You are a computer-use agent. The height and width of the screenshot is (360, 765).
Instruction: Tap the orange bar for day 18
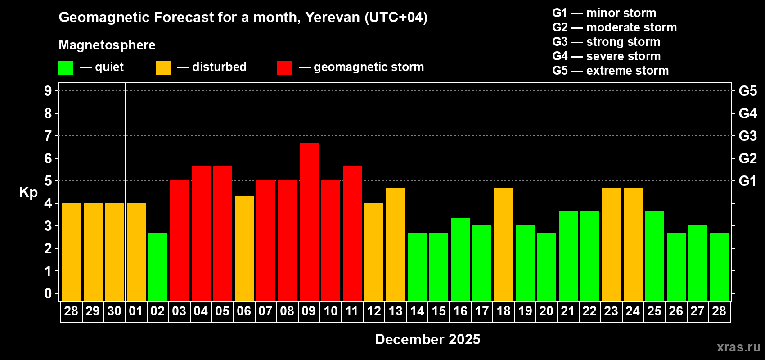click(x=504, y=244)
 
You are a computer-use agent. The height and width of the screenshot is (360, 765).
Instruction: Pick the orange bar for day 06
click(x=244, y=248)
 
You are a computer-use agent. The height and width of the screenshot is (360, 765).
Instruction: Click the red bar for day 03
click(x=180, y=240)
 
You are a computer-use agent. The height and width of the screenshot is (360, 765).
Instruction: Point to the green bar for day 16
click(x=460, y=259)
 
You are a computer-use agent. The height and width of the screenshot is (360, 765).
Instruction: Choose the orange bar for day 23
click(x=612, y=244)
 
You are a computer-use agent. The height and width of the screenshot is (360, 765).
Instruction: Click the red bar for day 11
click(x=352, y=233)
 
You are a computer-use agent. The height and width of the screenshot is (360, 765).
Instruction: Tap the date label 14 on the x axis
click(x=417, y=311)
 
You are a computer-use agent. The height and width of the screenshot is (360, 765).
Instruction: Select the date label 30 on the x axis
click(x=114, y=311)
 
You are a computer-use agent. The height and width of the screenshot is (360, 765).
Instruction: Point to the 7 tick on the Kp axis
click(x=48, y=136)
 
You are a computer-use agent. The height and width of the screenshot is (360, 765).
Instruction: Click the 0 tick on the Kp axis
click(x=48, y=294)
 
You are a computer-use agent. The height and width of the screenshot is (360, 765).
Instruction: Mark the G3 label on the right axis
click(x=747, y=136)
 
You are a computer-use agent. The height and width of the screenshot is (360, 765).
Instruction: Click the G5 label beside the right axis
click(x=747, y=91)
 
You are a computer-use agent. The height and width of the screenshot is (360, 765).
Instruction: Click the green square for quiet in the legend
click(x=66, y=68)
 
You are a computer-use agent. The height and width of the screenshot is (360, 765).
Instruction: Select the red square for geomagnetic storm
click(x=284, y=68)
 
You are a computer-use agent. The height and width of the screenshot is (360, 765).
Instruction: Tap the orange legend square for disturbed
click(x=163, y=68)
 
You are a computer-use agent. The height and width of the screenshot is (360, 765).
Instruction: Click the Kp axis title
click(x=28, y=193)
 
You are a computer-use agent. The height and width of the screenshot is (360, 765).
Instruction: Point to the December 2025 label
click(x=427, y=339)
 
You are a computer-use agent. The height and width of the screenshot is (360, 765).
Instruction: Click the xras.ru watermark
click(x=738, y=347)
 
